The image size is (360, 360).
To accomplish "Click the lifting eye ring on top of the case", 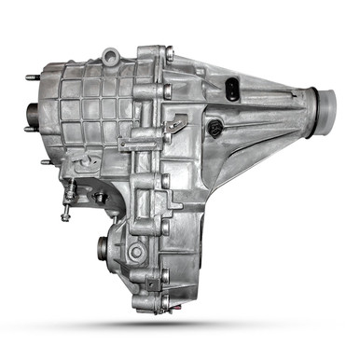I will coord(111,59).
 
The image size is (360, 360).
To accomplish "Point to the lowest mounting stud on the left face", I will coord(45,162).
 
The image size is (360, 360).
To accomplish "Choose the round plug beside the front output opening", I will coord(136,251).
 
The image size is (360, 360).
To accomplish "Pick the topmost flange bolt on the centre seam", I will coord(168,55).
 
